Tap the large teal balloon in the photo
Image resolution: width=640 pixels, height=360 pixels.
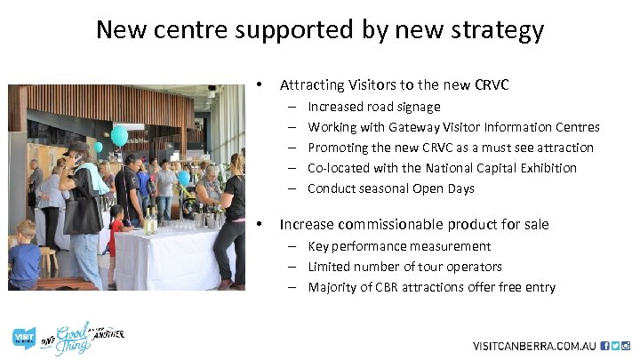click(119, 135)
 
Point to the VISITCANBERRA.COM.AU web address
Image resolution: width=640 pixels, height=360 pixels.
click(533, 345)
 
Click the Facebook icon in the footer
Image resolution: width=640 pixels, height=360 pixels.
click(604, 345)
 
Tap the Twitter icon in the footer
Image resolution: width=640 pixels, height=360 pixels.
click(615, 345)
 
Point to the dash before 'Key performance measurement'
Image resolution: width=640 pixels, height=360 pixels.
click(292, 246)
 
